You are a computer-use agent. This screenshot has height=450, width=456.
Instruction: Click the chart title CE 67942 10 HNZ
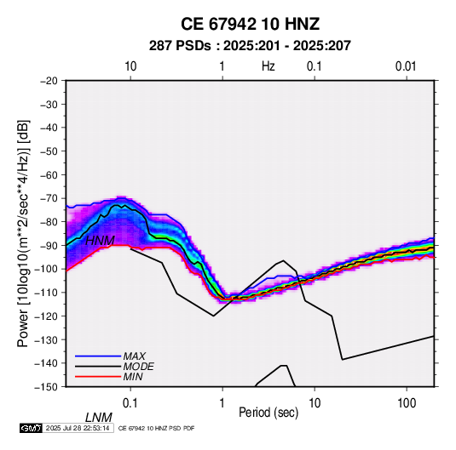coord(250,24)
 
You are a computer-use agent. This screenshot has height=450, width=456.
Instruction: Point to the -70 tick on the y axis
coord(49,198)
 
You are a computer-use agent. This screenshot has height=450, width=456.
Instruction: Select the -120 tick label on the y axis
coord(46,316)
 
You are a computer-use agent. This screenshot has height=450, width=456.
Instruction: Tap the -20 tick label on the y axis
coord(49,81)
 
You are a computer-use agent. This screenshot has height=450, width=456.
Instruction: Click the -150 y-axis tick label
coord(46,387)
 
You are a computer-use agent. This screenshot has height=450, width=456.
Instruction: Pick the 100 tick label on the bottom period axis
coord(407,403)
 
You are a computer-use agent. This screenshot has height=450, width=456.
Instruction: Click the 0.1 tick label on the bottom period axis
coord(130,403)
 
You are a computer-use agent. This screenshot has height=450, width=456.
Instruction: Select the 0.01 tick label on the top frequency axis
coord(406,66)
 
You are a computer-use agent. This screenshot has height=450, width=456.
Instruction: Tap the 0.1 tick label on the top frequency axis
coord(314,66)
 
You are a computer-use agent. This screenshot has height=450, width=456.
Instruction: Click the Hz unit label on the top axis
coord(268,66)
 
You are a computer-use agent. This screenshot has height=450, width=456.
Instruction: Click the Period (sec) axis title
coord(268,413)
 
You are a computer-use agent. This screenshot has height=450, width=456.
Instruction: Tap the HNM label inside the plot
coord(100,241)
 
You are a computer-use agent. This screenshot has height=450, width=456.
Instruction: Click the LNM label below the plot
coord(98,418)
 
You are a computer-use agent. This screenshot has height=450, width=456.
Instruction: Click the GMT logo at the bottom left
coord(32,428)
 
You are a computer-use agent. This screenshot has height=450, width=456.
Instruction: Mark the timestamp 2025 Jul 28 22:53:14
coord(78,428)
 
